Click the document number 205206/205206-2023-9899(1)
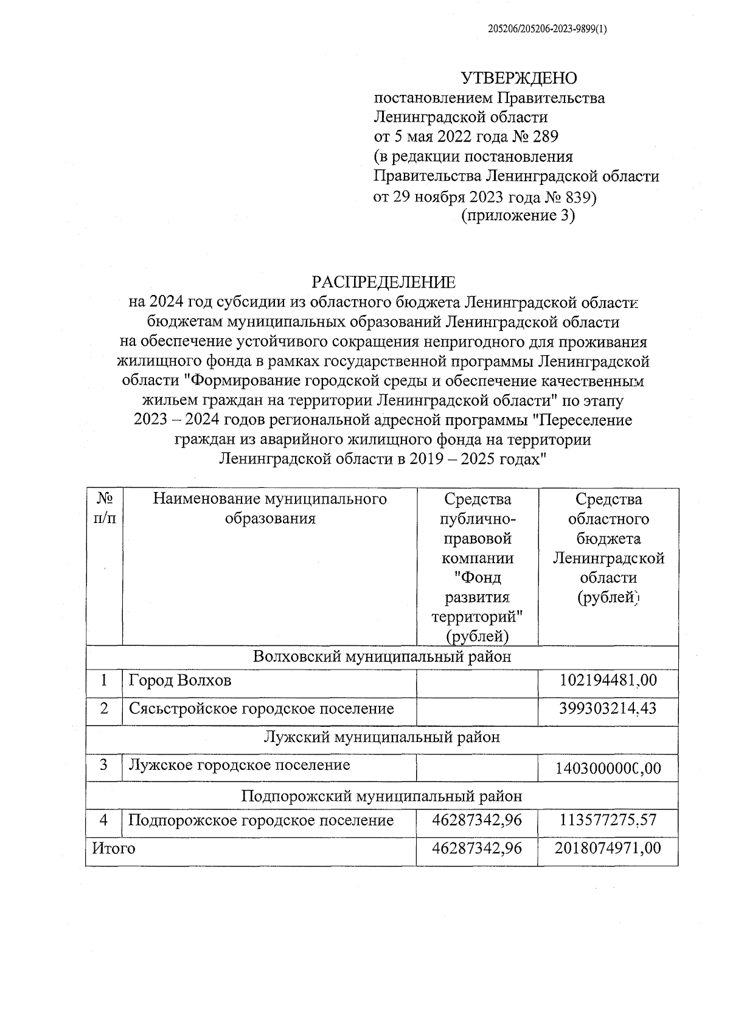pyautogui.click(x=547, y=29)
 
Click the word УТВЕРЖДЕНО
pyautogui.click(x=518, y=78)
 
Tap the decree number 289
pyautogui.click(x=545, y=137)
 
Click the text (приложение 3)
pyautogui.click(x=518, y=216)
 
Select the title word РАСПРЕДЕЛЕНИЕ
pyautogui.click(x=383, y=282)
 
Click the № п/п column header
pyautogui.click(x=105, y=509)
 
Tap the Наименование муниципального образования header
pyautogui.click(x=270, y=509)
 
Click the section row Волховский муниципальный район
pyautogui.click(x=382, y=657)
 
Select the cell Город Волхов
pyautogui.click(x=180, y=680)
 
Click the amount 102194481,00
pyautogui.click(x=608, y=680)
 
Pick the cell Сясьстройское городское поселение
pyautogui.click(x=262, y=709)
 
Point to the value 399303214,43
pyautogui.click(x=608, y=709)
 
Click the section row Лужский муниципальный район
pyautogui.click(x=382, y=737)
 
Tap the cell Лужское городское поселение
pyautogui.click(x=240, y=764)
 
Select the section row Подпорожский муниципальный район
pyautogui.click(x=382, y=796)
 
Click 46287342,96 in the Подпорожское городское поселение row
pyautogui.click(x=477, y=820)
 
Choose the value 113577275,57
pyautogui.click(x=608, y=820)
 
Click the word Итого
pyautogui.click(x=113, y=848)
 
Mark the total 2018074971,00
pyautogui.click(x=608, y=848)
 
